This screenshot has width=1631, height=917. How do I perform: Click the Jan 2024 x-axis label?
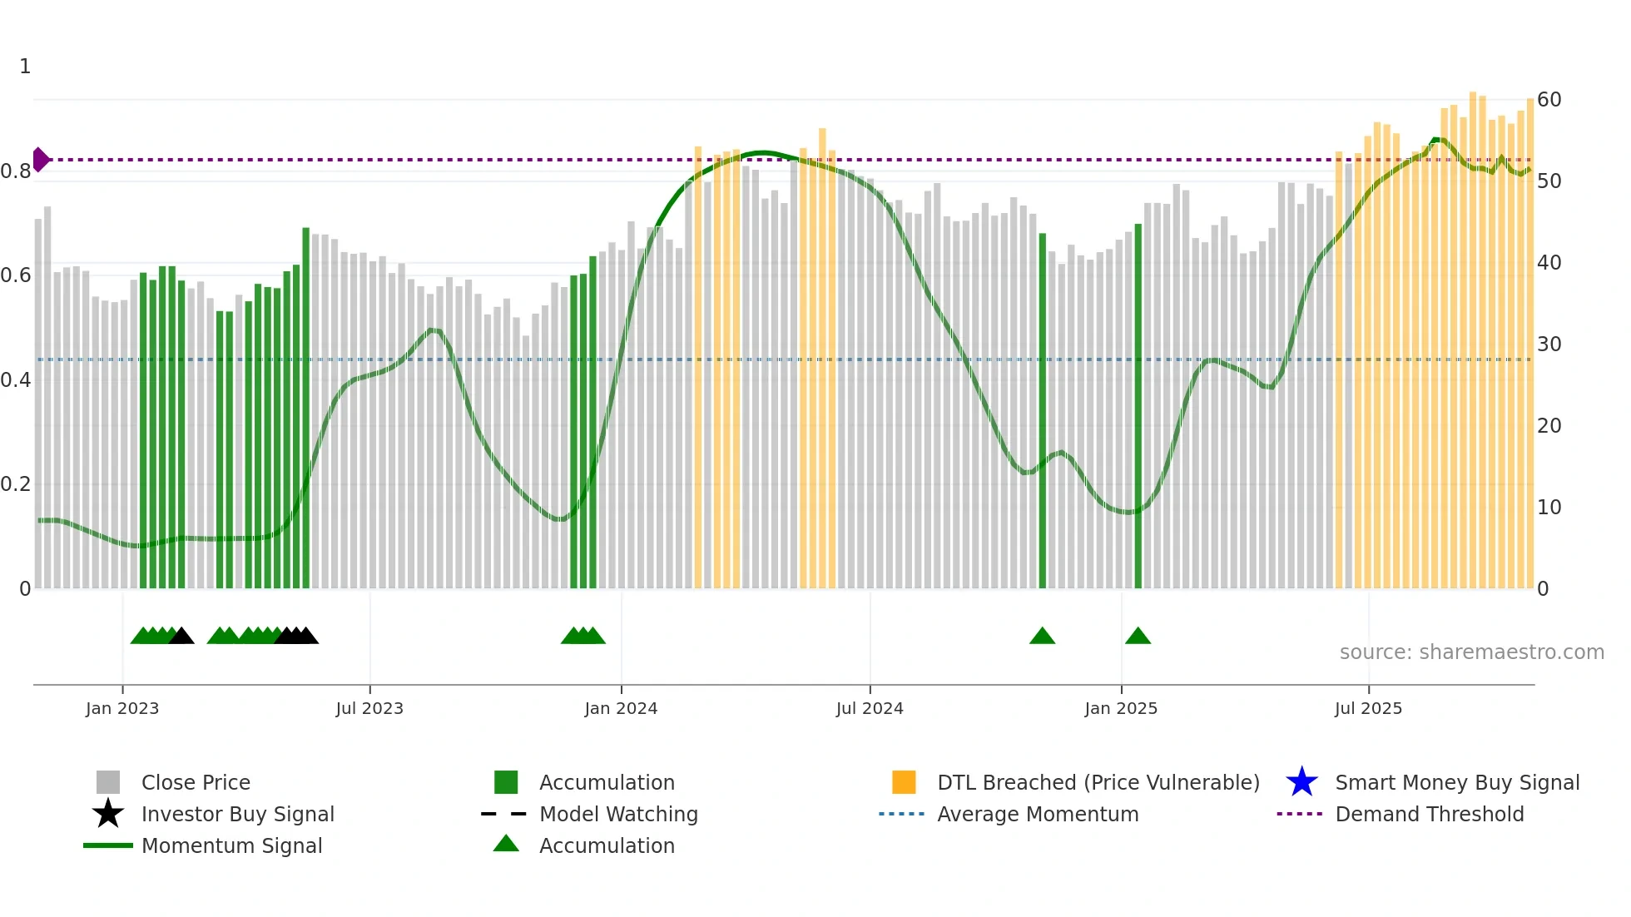click(621, 708)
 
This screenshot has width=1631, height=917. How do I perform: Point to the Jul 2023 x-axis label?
click(369, 708)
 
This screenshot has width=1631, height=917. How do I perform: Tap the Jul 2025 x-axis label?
click(1368, 708)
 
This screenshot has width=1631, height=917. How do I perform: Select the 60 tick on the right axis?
click(1549, 100)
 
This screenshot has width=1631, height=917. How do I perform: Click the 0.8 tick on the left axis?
click(16, 171)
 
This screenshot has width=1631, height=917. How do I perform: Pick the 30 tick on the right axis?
click(1549, 344)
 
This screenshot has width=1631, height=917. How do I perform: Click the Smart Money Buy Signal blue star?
click(1301, 782)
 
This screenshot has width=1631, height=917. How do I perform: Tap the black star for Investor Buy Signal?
click(108, 814)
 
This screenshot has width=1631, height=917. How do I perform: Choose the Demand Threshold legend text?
click(1429, 814)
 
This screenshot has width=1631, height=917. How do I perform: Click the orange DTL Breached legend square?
click(904, 782)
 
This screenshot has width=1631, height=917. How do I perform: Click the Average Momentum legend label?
click(1038, 814)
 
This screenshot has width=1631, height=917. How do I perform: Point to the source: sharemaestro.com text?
click(1471, 652)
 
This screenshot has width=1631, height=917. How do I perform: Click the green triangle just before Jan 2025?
click(1043, 637)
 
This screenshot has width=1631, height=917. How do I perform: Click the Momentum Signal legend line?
click(108, 845)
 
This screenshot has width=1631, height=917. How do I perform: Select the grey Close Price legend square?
click(108, 782)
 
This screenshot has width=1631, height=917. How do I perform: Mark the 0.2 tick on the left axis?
click(16, 484)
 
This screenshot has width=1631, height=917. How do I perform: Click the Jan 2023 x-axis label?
click(122, 708)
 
